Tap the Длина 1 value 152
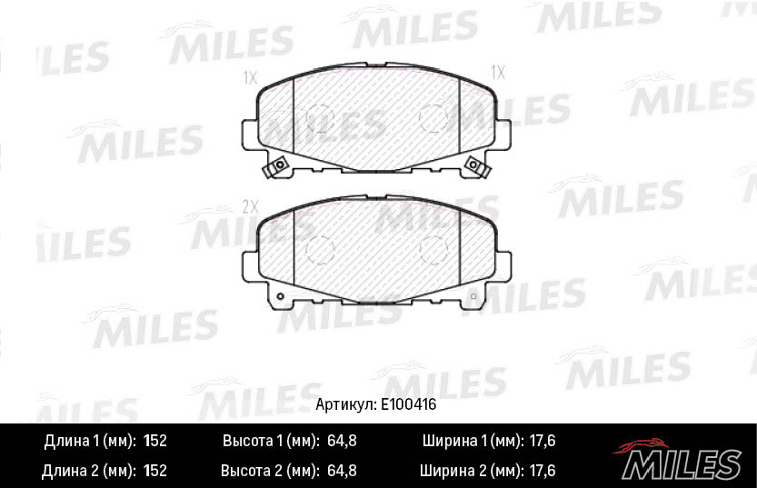(155, 442)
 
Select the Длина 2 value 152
(155, 471)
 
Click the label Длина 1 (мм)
(90, 442)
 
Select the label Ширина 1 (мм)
(473, 442)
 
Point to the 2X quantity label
(251, 206)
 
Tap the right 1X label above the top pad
(498, 71)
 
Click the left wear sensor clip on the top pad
(277, 166)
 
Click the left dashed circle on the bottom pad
(320, 248)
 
